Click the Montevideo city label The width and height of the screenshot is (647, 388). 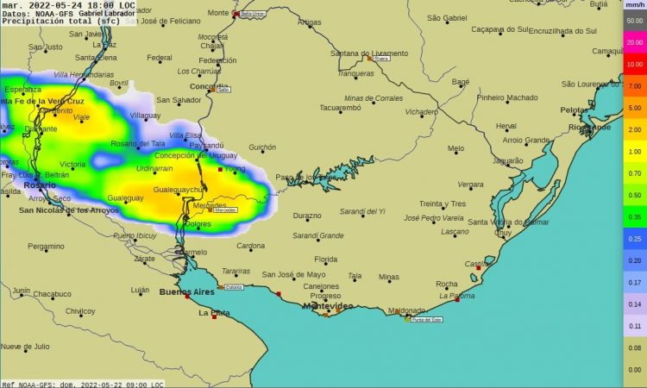[x=328, y=306]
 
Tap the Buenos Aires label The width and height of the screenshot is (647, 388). [x=186, y=292]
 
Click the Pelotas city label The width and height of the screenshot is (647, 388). [x=574, y=110]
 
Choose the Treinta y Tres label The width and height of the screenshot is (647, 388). [x=442, y=203]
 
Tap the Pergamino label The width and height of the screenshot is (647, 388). [x=46, y=247]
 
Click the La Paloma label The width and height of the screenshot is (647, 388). [x=457, y=296]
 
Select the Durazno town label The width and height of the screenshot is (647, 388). [x=307, y=216]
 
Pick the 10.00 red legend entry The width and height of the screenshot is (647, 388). [x=634, y=65]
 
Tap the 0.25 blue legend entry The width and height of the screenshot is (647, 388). [x=634, y=239]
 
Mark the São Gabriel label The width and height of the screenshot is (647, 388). [x=446, y=17]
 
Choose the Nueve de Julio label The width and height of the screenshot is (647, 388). [x=25, y=347]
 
